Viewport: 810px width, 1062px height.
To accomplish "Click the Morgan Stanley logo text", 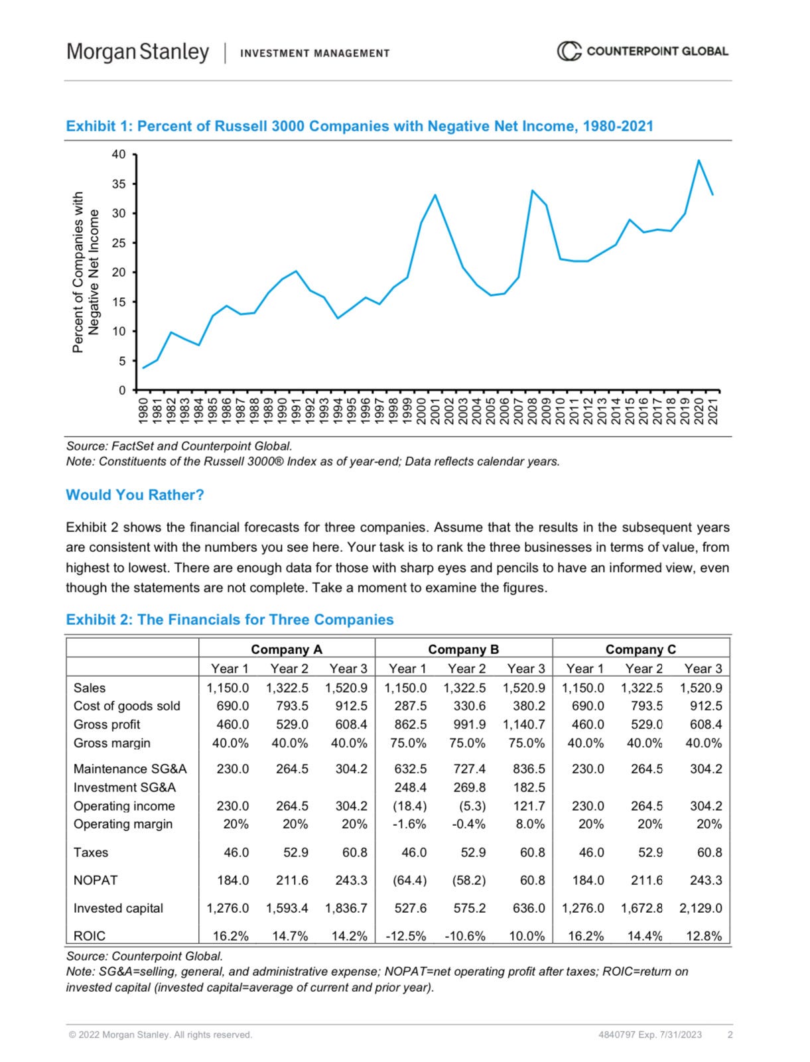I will click(x=137, y=52).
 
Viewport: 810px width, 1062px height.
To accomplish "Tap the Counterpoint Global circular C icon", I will click(x=568, y=51).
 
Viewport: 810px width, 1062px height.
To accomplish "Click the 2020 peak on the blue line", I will click(x=699, y=161).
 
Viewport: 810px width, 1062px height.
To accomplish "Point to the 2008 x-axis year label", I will click(x=532, y=411).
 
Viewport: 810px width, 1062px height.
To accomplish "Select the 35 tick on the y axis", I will click(x=118, y=184).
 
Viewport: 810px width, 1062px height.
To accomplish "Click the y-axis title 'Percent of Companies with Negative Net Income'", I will click(x=86, y=272).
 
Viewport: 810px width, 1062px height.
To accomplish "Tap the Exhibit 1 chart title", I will click(x=359, y=126).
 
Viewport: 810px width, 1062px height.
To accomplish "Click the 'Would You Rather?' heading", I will click(x=135, y=495).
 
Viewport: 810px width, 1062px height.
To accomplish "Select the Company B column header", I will click(x=463, y=649).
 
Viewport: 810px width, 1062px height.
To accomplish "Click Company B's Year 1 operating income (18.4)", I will click(x=410, y=806).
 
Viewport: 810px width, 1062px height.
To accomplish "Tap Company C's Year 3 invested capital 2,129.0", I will click(x=700, y=908).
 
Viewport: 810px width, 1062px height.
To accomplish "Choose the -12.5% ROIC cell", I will click(x=406, y=936).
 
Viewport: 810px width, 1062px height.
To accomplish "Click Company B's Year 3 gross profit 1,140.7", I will click(x=523, y=724).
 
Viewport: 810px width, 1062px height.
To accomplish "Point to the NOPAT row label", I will click(x=96, y=880).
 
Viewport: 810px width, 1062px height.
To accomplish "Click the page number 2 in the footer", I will click(x=730, y=1035).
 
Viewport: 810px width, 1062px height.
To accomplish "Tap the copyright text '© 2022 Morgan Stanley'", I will click(x=160, y=1035).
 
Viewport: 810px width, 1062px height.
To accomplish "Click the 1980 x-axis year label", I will click(x=143, y=411).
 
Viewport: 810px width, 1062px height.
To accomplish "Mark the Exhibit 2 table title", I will click(x=230, y=620).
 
